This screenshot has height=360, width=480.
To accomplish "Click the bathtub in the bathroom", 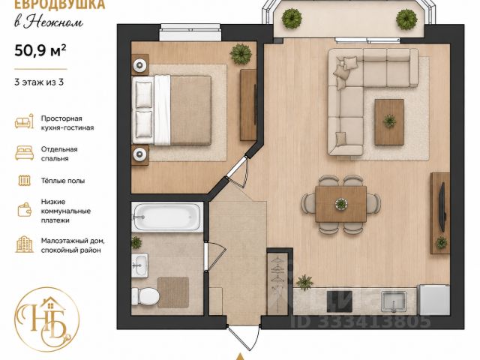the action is (x=167, y=217).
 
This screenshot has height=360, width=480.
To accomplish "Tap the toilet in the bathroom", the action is (x=145, y=296).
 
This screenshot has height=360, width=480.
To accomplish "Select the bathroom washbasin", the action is (x=140, y=265).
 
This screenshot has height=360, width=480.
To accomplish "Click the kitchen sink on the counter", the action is (x=394, y=301).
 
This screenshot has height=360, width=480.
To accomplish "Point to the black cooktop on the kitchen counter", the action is (x=340, y=301).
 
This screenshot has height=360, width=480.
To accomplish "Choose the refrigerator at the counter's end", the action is (x=434, y=300).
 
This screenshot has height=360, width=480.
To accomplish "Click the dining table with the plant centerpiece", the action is (x=341, y=204).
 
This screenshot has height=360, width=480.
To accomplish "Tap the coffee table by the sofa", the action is (x=389, y=121).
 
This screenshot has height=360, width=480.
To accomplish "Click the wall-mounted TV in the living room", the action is (x=442, y=207).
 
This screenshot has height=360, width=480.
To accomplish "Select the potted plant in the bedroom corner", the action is (x=241, y=54).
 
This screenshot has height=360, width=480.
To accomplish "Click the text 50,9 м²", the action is (x=40, y=51).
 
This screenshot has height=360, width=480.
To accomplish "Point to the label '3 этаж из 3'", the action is (x=39, y=82).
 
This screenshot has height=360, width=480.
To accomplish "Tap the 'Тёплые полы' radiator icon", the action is (x=25, y=181).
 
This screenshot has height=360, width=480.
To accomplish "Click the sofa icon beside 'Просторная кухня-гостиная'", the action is (x=24, y=121).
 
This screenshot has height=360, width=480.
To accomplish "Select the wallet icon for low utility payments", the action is (x=25, y=210).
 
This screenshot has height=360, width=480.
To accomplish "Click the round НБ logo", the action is (x=46, y=319).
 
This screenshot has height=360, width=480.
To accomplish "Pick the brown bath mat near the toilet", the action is (x=173, y=292).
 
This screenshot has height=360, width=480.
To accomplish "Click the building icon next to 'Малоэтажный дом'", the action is (x=25, y=244).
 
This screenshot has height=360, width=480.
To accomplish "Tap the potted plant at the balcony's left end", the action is (x=292, y=19).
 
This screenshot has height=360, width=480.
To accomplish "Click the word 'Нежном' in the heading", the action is (x=53, y=22).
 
